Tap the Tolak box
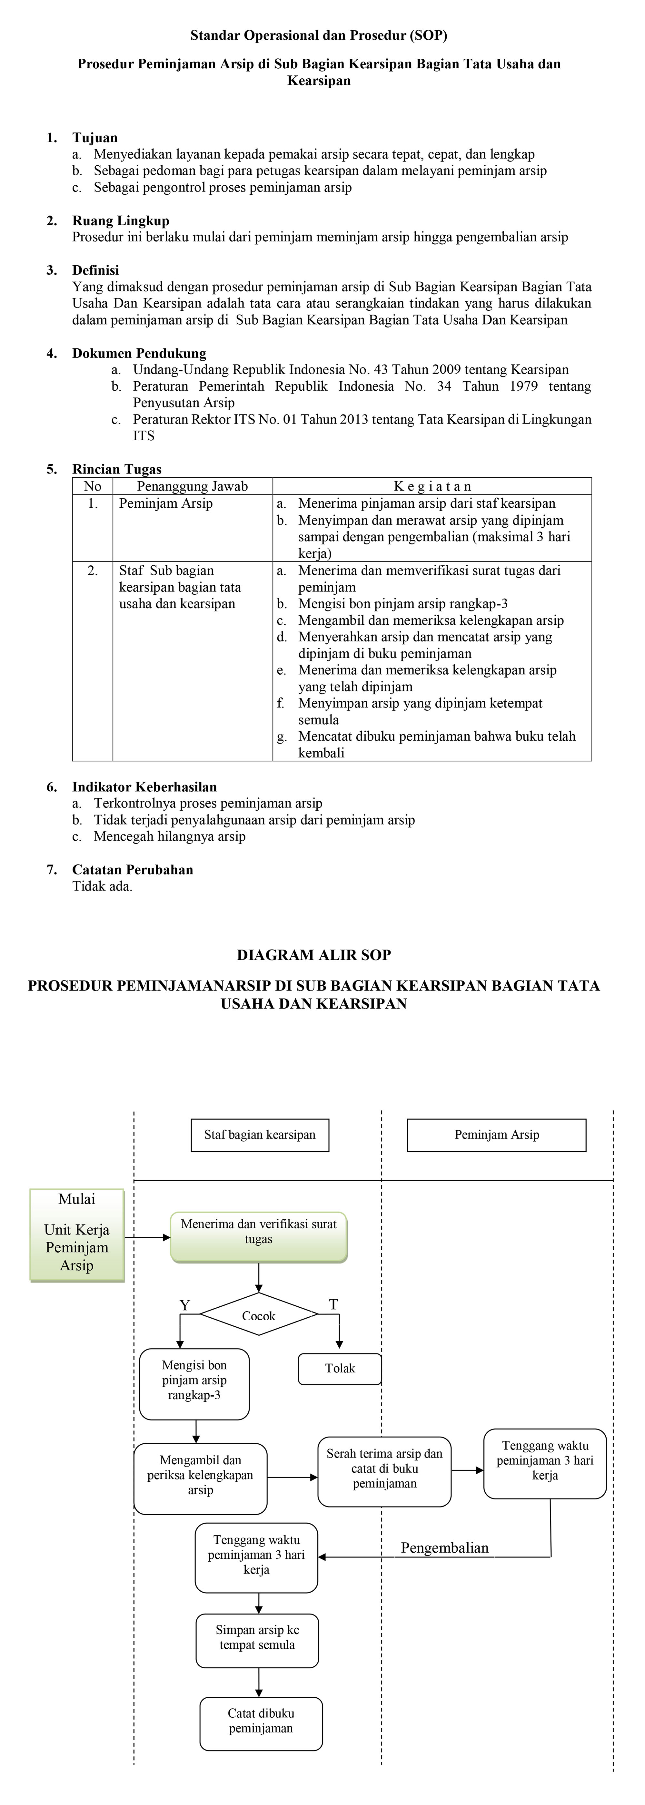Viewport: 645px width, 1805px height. [x=340, y=1369]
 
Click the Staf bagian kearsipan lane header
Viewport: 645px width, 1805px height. [x=259, y=1135]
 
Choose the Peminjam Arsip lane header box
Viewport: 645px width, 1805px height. [x=496, y=1135]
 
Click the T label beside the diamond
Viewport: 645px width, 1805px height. [x=334, y=1305]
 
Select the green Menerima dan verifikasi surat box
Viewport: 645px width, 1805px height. [x=259, y=1237]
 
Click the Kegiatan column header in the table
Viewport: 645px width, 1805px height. [x=432, y=486]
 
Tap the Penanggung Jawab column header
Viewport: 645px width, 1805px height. [x=192, y=486]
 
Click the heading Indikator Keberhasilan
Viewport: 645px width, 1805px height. [x=144, y=787]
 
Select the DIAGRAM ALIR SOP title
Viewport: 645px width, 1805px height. [x=313, y=955]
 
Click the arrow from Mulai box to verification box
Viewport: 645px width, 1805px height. [x=147, y=1237]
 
